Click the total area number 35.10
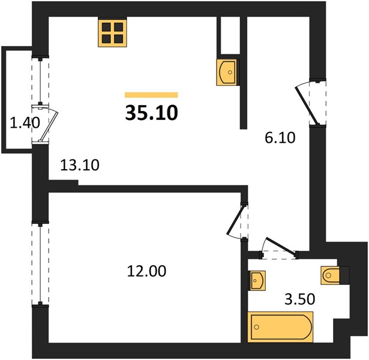(x=152, y=113)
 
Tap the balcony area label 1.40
(x=25, y=123)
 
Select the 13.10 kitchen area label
(x=80, y=165)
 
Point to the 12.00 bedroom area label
(x=146, y=271)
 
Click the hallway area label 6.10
(x=280, y=138)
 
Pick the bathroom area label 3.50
(x=299, y=299)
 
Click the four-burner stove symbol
(x=112, y=33)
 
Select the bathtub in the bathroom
(x=280, y=327)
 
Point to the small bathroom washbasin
(x=257, y=280)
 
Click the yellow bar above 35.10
(x=151, y=95)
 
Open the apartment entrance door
(x=307, y=105)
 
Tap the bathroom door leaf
(x=280, y=247)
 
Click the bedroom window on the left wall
(x=40, y=264)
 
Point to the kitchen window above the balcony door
(x=40, y=81)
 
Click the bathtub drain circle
(x=257, y=327)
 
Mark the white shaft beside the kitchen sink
(x=230, y=35)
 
